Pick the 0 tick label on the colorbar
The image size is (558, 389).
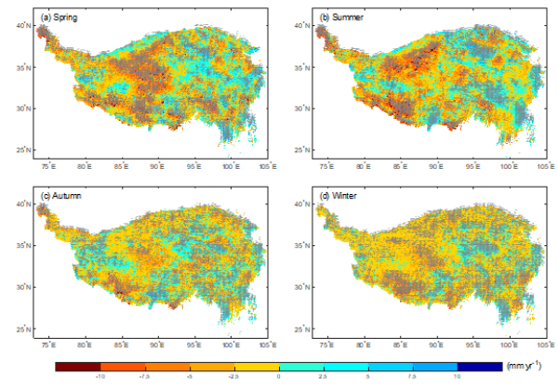point(279,378)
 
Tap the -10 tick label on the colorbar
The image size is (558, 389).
point(100,378)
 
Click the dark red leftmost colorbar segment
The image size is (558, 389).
point(77,367)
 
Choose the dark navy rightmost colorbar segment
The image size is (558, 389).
point(480,367)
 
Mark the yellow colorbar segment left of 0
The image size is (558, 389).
point(257,367)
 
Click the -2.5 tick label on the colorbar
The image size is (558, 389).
point(234,378)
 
